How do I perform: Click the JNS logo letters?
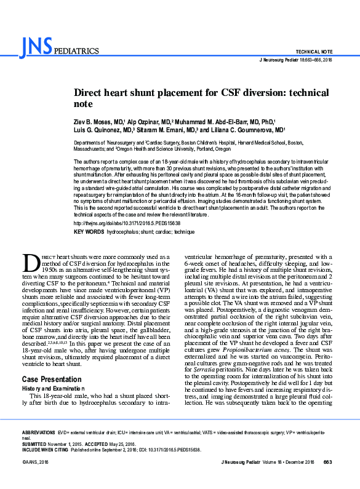click(36, 46)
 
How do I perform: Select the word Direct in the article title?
click(92, 92)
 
